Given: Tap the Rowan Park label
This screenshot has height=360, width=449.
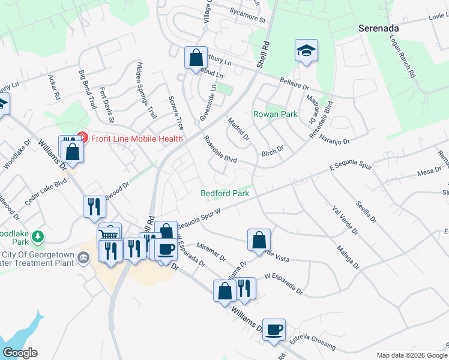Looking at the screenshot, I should click(276, 114).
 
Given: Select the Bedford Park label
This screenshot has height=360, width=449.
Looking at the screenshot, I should click(224, 193).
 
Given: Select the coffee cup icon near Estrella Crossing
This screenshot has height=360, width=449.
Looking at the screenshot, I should click(274, 329).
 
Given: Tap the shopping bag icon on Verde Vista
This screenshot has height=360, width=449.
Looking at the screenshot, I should click(259, 239).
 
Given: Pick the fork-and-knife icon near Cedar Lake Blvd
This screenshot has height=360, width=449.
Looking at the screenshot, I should click(94, 206).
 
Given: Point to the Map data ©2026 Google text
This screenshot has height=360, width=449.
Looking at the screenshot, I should click(412, 355).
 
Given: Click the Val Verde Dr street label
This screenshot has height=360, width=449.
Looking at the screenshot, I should click(345, 220).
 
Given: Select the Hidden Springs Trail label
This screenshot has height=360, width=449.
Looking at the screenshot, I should click(146, 89).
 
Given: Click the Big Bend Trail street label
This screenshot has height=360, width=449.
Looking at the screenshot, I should click(88, 89).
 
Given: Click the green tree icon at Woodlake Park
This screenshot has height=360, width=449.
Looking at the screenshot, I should click(38, 237).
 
